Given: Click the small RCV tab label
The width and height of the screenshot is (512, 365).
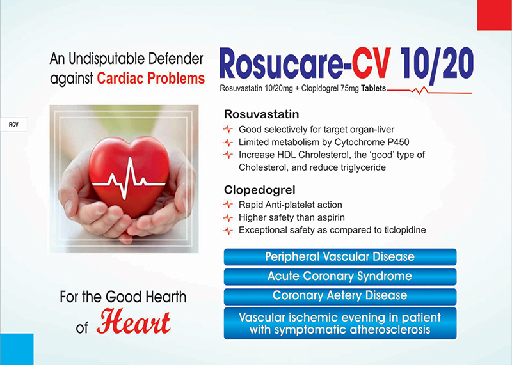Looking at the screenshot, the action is tap(13, 125).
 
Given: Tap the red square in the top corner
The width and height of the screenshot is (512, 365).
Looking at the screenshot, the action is tap(494, 15).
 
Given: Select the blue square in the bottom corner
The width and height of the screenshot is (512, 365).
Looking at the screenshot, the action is tap(17, 349).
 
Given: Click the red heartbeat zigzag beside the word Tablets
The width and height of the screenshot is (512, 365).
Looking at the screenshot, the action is tap(429, 90).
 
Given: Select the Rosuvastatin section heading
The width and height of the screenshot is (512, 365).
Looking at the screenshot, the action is tap(261, 114).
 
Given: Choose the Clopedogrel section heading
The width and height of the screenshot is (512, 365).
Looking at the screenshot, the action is tap(260, 190).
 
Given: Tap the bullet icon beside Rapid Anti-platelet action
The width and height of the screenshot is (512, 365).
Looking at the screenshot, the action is tap(228, 205).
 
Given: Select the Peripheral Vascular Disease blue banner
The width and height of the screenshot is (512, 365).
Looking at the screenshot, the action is tap(340, 257).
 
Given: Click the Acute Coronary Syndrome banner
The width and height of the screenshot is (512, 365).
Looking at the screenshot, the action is tap(340, 276).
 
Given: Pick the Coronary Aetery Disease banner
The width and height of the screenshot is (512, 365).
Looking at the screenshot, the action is tap(340, 296).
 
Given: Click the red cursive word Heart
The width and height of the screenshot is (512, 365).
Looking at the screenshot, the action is tap(133, 322).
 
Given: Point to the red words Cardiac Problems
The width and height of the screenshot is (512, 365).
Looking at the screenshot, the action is tap(151, 79).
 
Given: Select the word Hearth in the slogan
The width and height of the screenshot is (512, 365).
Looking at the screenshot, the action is tap(166, 297).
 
